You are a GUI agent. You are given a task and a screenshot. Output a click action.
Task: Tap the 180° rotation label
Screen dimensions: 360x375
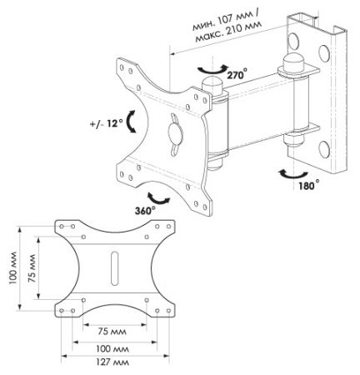[309, 185]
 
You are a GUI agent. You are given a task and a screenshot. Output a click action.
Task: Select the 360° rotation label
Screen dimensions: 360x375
[145, 211]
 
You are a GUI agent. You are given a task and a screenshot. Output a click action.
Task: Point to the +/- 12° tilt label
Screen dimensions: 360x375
[107, 123]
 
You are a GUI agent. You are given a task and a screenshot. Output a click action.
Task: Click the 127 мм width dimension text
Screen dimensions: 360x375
[112, 362]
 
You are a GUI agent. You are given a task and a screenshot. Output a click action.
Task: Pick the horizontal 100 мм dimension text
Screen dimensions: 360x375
[112, 348]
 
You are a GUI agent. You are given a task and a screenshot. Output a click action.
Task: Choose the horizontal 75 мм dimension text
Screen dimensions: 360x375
[112, 332]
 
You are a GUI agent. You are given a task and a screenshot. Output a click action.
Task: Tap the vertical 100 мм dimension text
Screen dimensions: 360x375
[13, 268]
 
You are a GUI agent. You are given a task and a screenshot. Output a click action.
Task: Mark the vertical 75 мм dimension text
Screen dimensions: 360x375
[32, 268]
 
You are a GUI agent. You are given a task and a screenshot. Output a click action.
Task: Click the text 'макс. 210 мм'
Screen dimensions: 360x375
[228, 32]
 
